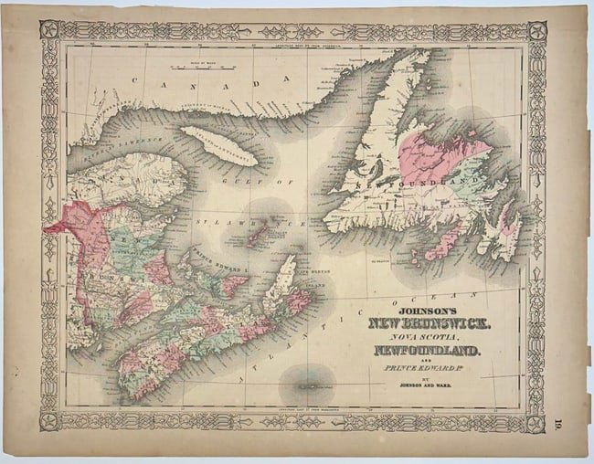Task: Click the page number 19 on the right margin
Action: tap(558, 422)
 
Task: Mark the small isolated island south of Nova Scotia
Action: tap(309, 376)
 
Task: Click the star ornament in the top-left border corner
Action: tap(49, 30)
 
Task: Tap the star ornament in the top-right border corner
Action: tap(536, 30)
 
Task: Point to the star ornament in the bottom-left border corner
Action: tap(49, 421)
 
